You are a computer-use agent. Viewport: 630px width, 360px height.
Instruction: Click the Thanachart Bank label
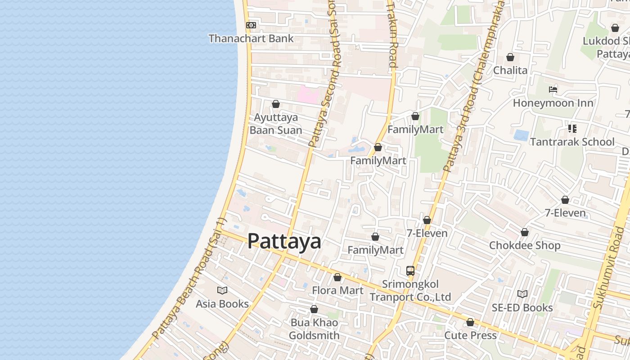tap(251, 39)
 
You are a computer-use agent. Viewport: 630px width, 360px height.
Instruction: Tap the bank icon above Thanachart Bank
tap(251, 25)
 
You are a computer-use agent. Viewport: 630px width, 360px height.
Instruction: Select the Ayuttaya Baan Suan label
tap(276, 124)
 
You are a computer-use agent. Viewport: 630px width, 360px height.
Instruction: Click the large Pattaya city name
tap(284, 241)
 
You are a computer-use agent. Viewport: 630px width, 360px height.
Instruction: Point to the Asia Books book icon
tap(222, 290)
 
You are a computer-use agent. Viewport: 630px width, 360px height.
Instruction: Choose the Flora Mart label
tap(337, 290)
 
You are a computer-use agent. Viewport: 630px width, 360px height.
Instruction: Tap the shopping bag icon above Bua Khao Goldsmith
tap(314, 309)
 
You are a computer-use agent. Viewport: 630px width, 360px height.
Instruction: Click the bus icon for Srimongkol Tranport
tap(410, 271)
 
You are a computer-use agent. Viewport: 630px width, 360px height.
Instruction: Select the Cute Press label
tap(470, 335)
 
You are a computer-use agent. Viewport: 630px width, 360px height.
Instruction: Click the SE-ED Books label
tap(522, 308)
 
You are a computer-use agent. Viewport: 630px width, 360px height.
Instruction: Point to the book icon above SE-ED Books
tap(522, 294)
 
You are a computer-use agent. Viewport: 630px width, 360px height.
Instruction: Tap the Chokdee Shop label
tap(525, 246)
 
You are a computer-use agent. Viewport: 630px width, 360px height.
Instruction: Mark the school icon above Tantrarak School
tap(572, 129)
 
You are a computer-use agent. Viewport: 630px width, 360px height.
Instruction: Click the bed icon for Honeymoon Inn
tap(553, 90)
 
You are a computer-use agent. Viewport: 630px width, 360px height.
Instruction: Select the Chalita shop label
tap(510, 70)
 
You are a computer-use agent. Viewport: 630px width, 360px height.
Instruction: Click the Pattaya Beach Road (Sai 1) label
tap(189, 279)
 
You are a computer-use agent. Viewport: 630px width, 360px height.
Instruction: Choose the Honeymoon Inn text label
tap(553, 103)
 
